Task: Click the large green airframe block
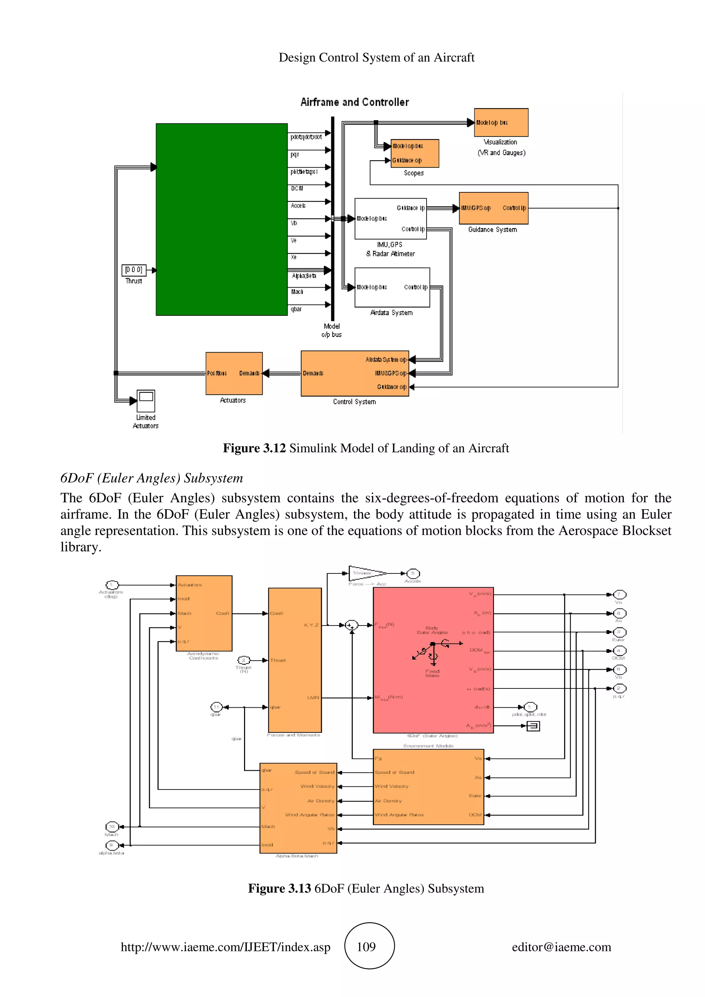coord(222,219)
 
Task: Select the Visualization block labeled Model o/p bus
coord(501,122)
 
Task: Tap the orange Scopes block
coord(414,153)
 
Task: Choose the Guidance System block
coord(493,208)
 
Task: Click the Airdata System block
coord(392,287)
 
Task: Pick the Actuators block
coord(234,373)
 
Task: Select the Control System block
coord(355,373)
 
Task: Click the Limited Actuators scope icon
coord(146,400)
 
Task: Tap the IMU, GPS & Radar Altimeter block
coord(390,219)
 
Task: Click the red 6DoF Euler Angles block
coord(433,660)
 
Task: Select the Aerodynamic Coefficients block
coord(204,613)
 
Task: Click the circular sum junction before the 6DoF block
coord(351,625)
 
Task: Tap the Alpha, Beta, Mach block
coord(298,808)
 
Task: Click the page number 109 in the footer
coord(366,947)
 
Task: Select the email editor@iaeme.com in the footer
coord(561,947)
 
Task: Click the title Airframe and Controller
coord(355,102)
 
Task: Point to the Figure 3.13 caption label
coord(279,888)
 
